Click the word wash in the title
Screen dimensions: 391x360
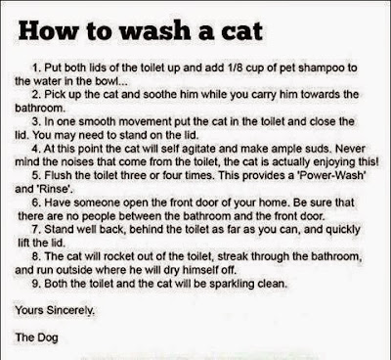point(154,31)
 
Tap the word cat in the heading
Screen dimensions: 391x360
point(242,31)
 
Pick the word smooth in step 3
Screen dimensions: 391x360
point(97,121)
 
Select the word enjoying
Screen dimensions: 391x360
point(333,162)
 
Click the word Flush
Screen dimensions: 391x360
point(58,175)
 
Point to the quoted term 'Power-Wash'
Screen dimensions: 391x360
point(330,175)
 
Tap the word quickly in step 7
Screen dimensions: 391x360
point(343,230)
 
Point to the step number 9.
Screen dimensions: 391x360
point(36,284)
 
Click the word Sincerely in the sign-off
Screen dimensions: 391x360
point(70,310)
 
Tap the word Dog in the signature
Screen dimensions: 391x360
point(46,337)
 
